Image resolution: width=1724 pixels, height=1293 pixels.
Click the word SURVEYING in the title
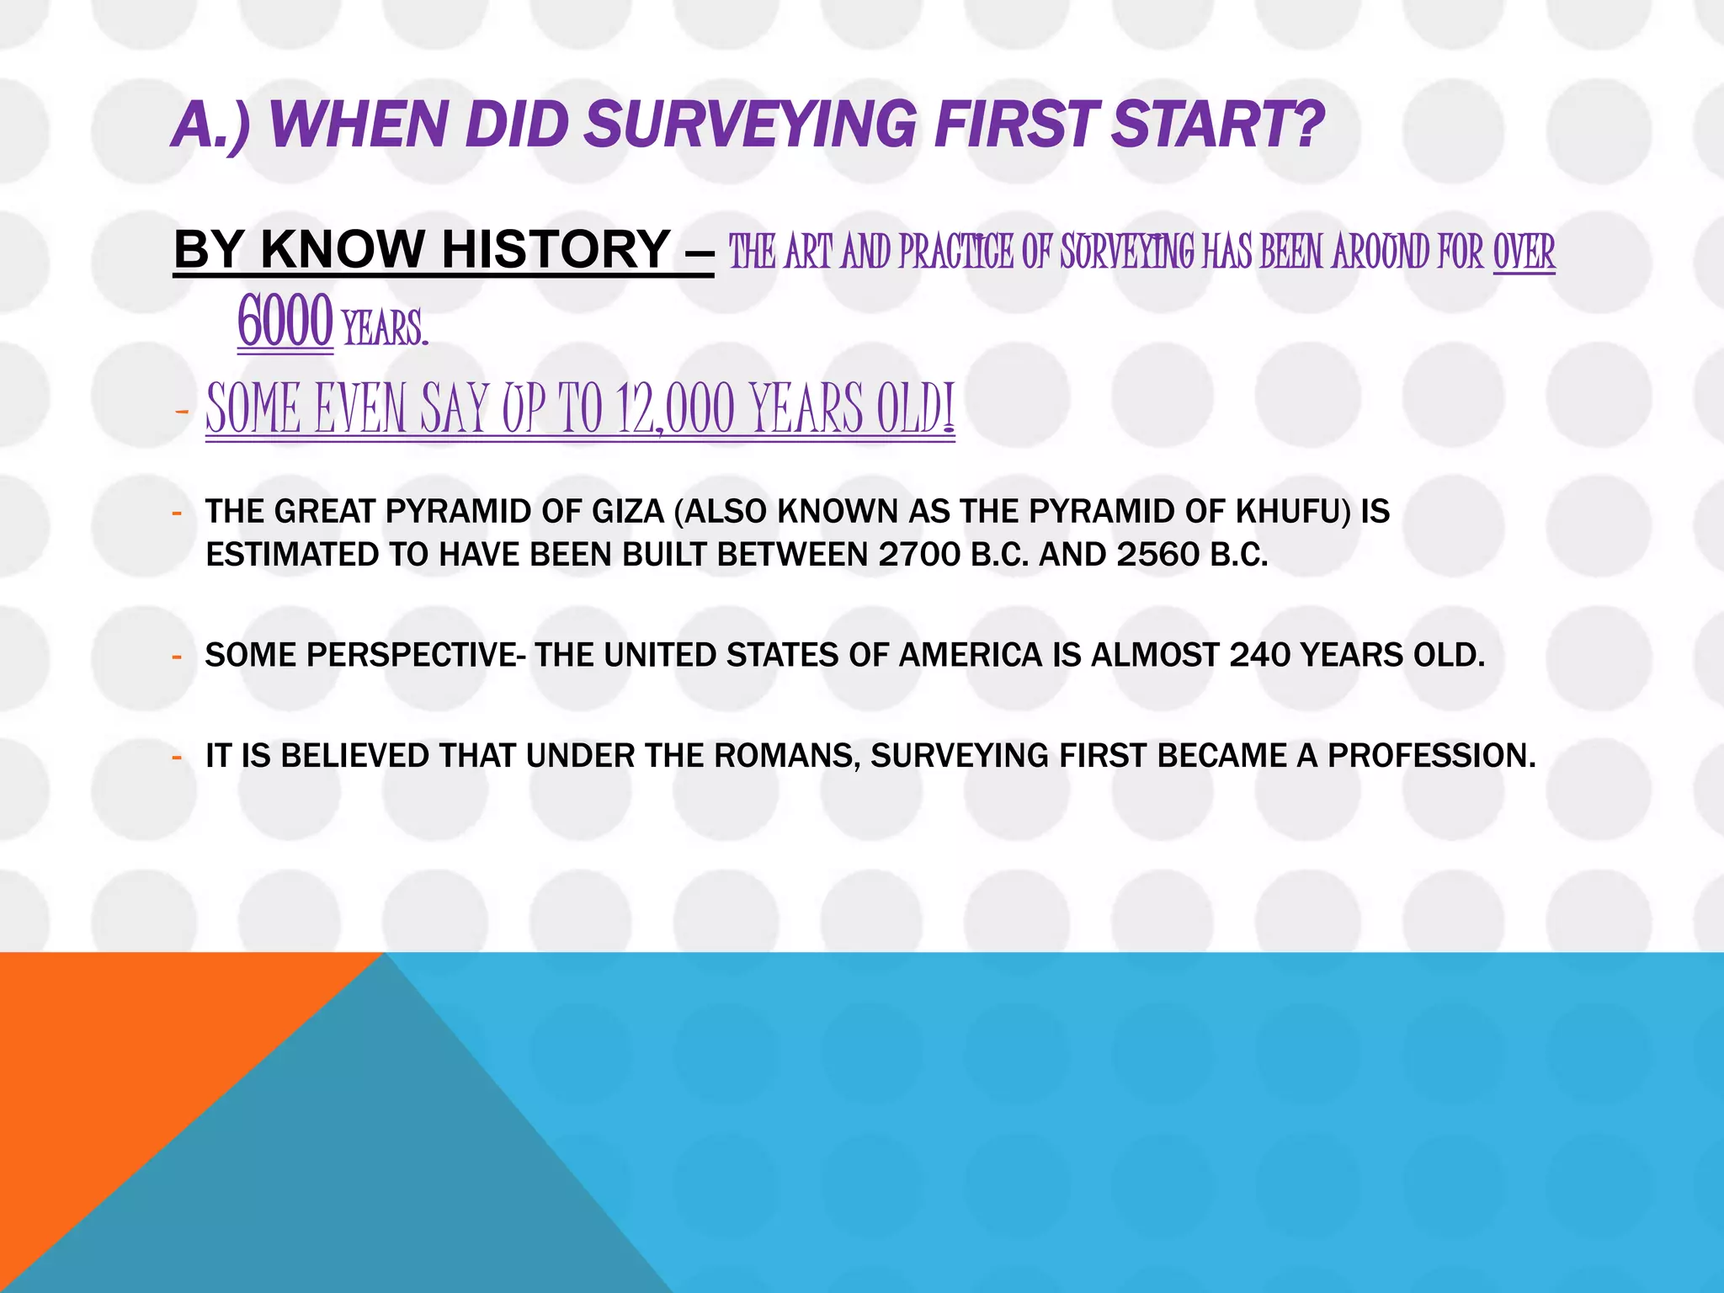750,125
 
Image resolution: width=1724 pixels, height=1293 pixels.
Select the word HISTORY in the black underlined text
556,249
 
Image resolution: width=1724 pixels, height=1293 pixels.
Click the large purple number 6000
285,322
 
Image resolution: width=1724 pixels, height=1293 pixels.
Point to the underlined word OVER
1524,252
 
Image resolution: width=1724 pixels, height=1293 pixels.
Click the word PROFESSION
1431,756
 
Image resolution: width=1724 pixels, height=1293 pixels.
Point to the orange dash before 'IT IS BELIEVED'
177,757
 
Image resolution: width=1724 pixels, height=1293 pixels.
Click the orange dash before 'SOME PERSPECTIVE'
177,656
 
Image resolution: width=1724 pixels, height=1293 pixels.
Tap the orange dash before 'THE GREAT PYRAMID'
177,513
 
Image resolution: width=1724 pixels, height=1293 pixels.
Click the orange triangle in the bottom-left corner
101,1052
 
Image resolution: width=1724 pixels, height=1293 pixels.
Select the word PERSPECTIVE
412,655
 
